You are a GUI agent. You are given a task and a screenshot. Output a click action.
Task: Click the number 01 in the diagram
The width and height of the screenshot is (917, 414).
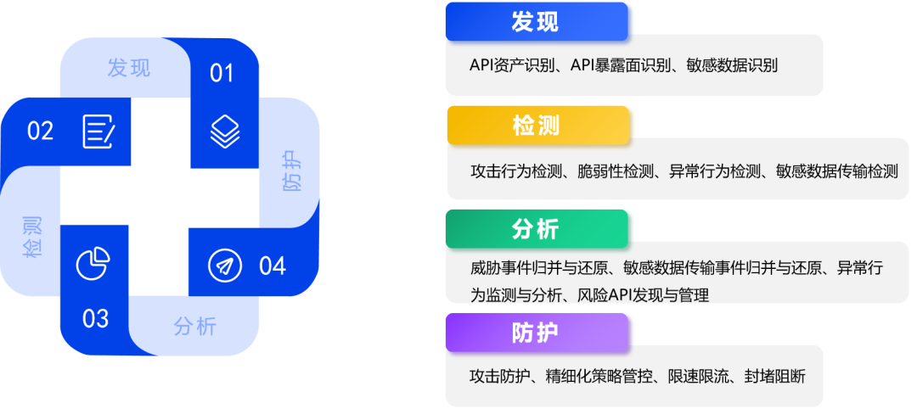pyautogui.click(x=222, y=73)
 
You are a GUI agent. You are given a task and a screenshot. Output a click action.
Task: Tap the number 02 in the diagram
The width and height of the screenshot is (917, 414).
pyautogui.click(x=41, y=131)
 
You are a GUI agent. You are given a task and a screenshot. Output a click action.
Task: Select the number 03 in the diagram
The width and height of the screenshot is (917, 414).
pyautogui.click(x=95, y=319)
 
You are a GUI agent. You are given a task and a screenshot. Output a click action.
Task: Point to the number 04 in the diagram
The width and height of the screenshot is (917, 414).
pyautogui.click(x=273, y=266)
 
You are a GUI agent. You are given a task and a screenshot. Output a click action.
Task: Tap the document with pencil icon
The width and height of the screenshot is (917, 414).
pyautogui.click(x=98, y=131)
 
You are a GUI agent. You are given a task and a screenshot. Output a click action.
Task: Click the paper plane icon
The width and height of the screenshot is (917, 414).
pyautogui.click(x=225, y=266)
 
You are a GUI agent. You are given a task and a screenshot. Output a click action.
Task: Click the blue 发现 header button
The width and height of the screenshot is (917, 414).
pyautogui.click(x=537, y=22)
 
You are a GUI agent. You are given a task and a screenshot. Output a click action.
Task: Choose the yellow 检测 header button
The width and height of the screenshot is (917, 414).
pyautogui.click(x=538, y=126)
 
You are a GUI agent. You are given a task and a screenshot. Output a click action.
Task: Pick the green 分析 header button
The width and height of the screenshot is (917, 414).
pyautogui.click(x=537, y=229)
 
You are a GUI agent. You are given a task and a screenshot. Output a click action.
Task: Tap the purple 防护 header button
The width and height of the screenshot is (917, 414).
pyautogui.click(x=537, y=333)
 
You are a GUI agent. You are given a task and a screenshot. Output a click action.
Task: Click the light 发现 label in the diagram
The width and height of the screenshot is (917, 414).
pyautogui.click(x=129, y=68)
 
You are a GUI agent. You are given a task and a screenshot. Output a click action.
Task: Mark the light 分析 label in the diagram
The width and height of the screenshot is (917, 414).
pyautogui.click(x=195, y=326)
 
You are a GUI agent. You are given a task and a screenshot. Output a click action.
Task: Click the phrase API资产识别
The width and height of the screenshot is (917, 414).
pyautogui.click(x=511, y=64)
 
